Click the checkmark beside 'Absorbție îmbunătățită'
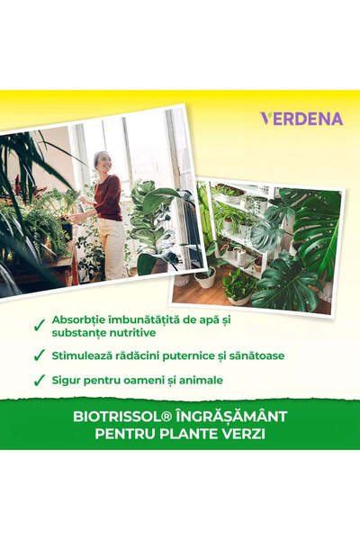coord(39,326)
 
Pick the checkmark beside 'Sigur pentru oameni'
coord(39,382)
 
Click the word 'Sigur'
coord(70,381)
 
